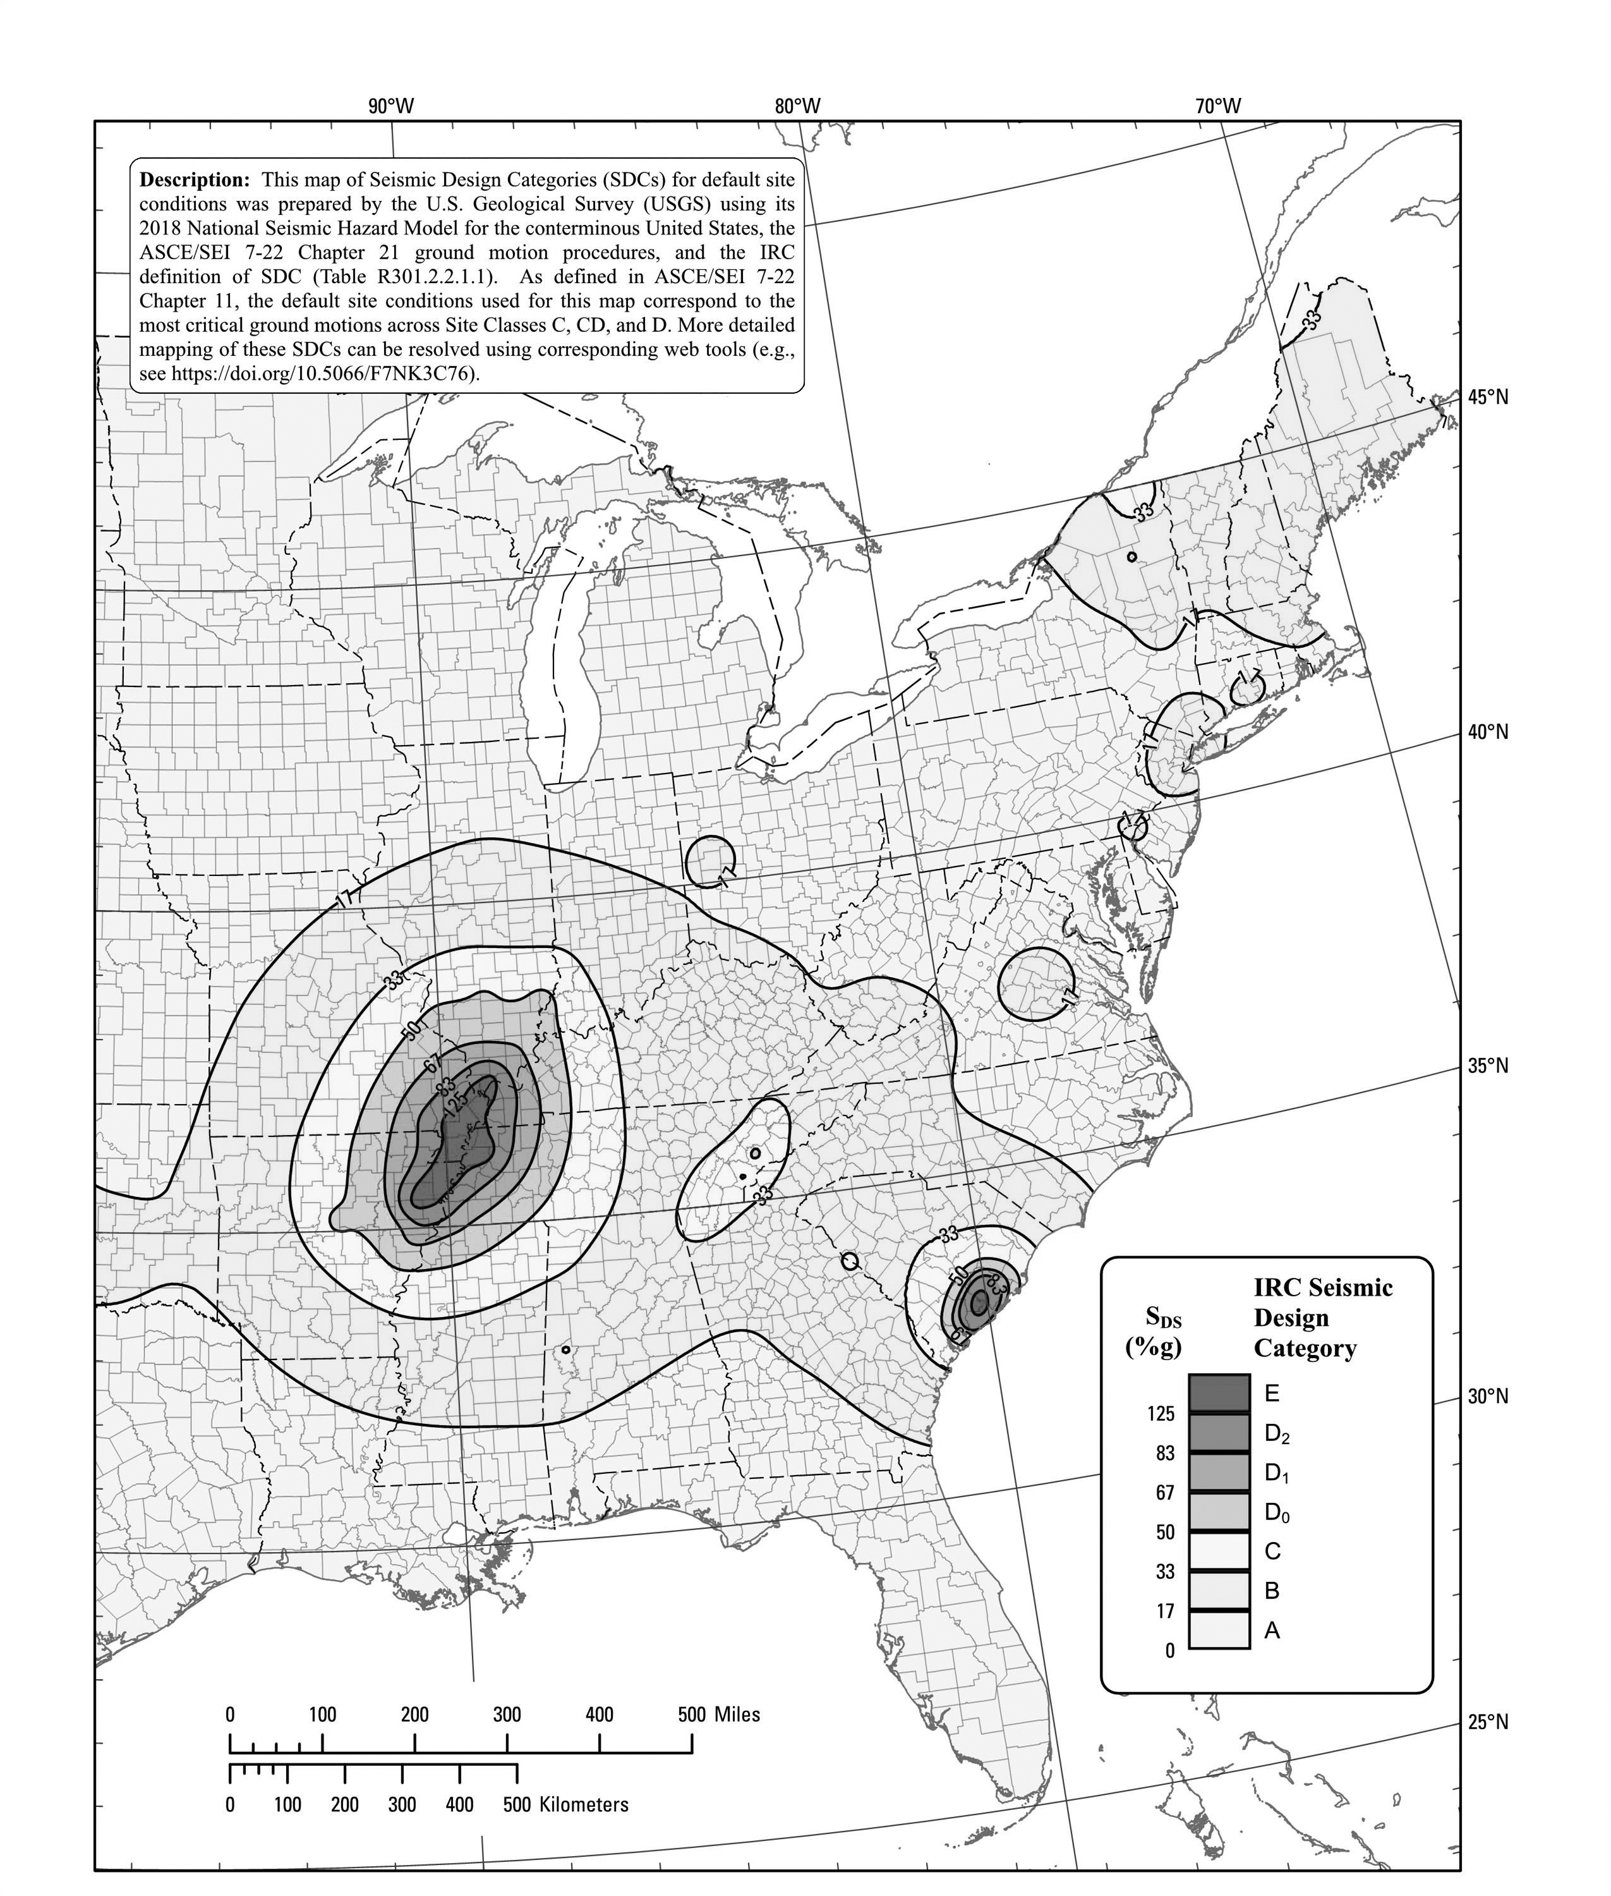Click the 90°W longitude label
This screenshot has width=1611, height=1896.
coord(391,106)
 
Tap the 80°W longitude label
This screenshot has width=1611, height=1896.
coord(797,106)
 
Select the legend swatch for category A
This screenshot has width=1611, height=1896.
coord(1218,1630)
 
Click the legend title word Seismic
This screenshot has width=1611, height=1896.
coord(1351,1287)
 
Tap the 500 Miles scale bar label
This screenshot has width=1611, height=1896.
coord(719,1714)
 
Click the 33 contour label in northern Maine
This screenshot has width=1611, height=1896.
coord(1312,320)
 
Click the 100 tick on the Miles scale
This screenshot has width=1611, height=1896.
coord(322,1714)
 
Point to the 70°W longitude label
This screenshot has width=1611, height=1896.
coord(1218,106)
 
